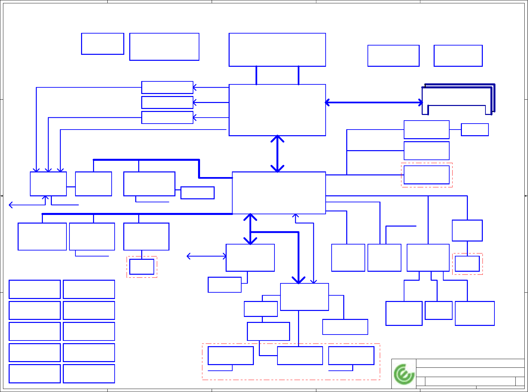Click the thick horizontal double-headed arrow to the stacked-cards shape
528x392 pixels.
374,102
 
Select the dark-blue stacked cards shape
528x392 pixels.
458,99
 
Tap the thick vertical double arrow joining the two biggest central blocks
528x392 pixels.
277,153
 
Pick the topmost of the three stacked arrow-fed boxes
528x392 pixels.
167,87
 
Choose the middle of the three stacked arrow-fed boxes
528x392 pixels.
167,102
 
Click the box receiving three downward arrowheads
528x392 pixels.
48,184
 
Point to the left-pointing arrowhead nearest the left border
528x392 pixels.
11,205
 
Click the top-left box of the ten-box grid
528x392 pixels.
35,289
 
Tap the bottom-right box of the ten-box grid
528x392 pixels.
89,374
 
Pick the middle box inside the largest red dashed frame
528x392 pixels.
300,355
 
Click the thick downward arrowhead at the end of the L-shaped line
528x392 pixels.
298,280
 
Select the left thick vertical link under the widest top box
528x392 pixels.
256,75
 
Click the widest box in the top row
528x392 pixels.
277,50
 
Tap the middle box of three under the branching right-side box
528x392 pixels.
438,310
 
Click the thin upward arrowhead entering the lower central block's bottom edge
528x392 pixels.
295,216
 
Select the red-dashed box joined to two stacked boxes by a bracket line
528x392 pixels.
426,175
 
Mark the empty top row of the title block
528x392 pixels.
470,363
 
